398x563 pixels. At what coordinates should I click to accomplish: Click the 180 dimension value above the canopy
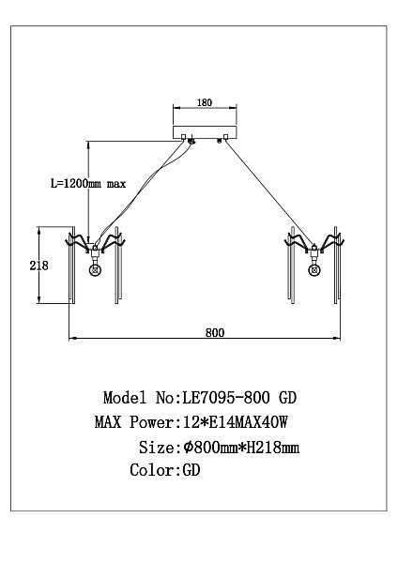click(205, 102)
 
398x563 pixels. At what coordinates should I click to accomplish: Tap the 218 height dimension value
click(38, 266)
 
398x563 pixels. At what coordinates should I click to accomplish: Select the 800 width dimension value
click(215, 333)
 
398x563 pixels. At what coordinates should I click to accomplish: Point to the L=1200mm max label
click(88, 184)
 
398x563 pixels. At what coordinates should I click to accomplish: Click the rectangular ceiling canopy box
click(205, 132)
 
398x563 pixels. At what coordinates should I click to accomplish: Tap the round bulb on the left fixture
click(95, 270)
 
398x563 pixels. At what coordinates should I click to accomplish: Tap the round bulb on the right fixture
click(314, 270)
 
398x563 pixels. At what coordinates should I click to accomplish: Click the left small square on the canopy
click(184, 137)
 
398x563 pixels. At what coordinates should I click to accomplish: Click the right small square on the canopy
click(225, 137)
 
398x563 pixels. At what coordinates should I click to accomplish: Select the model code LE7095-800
click(226, 398)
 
